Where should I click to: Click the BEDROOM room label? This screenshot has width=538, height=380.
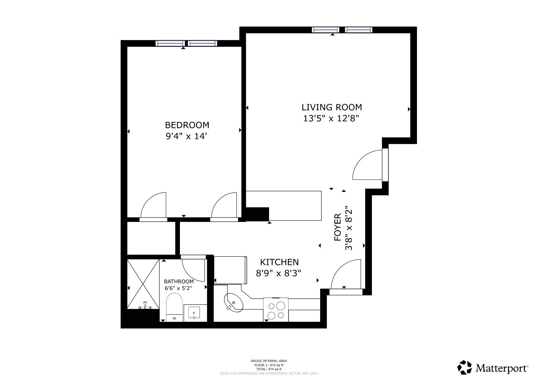click(187, 125)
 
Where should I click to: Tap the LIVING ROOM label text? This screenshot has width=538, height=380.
click(332, 107)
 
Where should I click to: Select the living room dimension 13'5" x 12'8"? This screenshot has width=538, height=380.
click(332, 119)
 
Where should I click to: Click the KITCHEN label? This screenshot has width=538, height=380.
click(279, 262)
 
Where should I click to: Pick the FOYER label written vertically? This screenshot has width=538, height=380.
click(338, 227)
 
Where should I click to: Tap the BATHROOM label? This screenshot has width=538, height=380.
click(179, 282)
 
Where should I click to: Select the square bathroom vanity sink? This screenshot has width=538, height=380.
click(194, 313)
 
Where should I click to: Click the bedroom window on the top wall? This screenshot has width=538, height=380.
click(187, 43)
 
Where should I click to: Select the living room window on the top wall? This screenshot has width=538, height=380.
click(342, 30)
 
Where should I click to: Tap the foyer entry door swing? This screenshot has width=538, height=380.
click(346, 275)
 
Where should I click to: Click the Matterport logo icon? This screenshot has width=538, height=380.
click(465, 368)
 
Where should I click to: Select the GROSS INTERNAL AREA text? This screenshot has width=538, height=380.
click(269, 361)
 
